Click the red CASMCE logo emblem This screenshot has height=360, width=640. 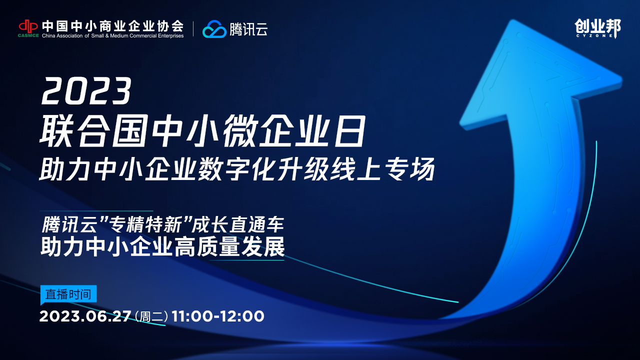click(x=28, y=26)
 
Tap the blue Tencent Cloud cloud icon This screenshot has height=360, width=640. click(x=214, y=29)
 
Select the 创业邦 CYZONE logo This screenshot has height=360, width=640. click(x=597, y=28)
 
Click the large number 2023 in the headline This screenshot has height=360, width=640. click(x=86, y=91)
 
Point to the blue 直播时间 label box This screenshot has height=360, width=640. click(x=68, y=294)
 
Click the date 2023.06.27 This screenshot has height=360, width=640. click(x=85, y=316)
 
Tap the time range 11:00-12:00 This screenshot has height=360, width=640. click(x=218, y=316)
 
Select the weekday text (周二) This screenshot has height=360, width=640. click(x=151, y=316)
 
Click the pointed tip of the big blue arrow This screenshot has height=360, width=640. click(x=513, y=20)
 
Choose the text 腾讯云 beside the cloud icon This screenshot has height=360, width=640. click(x=248, y=29)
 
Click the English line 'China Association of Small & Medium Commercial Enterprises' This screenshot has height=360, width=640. click(x=113, y=35)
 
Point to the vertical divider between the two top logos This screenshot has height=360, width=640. click(x=193, y=29)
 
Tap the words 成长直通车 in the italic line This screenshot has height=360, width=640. click(x=237, y=224)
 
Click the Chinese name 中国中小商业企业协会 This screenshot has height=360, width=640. click(x=113, y=26)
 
